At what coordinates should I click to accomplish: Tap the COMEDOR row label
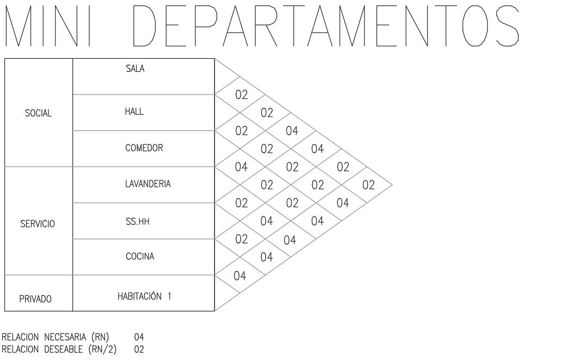144,148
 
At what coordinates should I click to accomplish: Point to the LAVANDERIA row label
147,184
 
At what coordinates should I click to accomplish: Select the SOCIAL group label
38,114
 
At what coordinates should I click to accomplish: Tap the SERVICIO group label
38,224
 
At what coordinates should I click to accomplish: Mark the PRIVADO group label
36,298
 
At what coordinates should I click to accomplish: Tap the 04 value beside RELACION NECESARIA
139,338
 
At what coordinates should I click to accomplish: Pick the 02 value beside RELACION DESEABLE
139,348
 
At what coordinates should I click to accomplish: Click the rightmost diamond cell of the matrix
368,185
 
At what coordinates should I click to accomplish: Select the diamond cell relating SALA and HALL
241,95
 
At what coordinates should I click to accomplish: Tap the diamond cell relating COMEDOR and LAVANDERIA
241,167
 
